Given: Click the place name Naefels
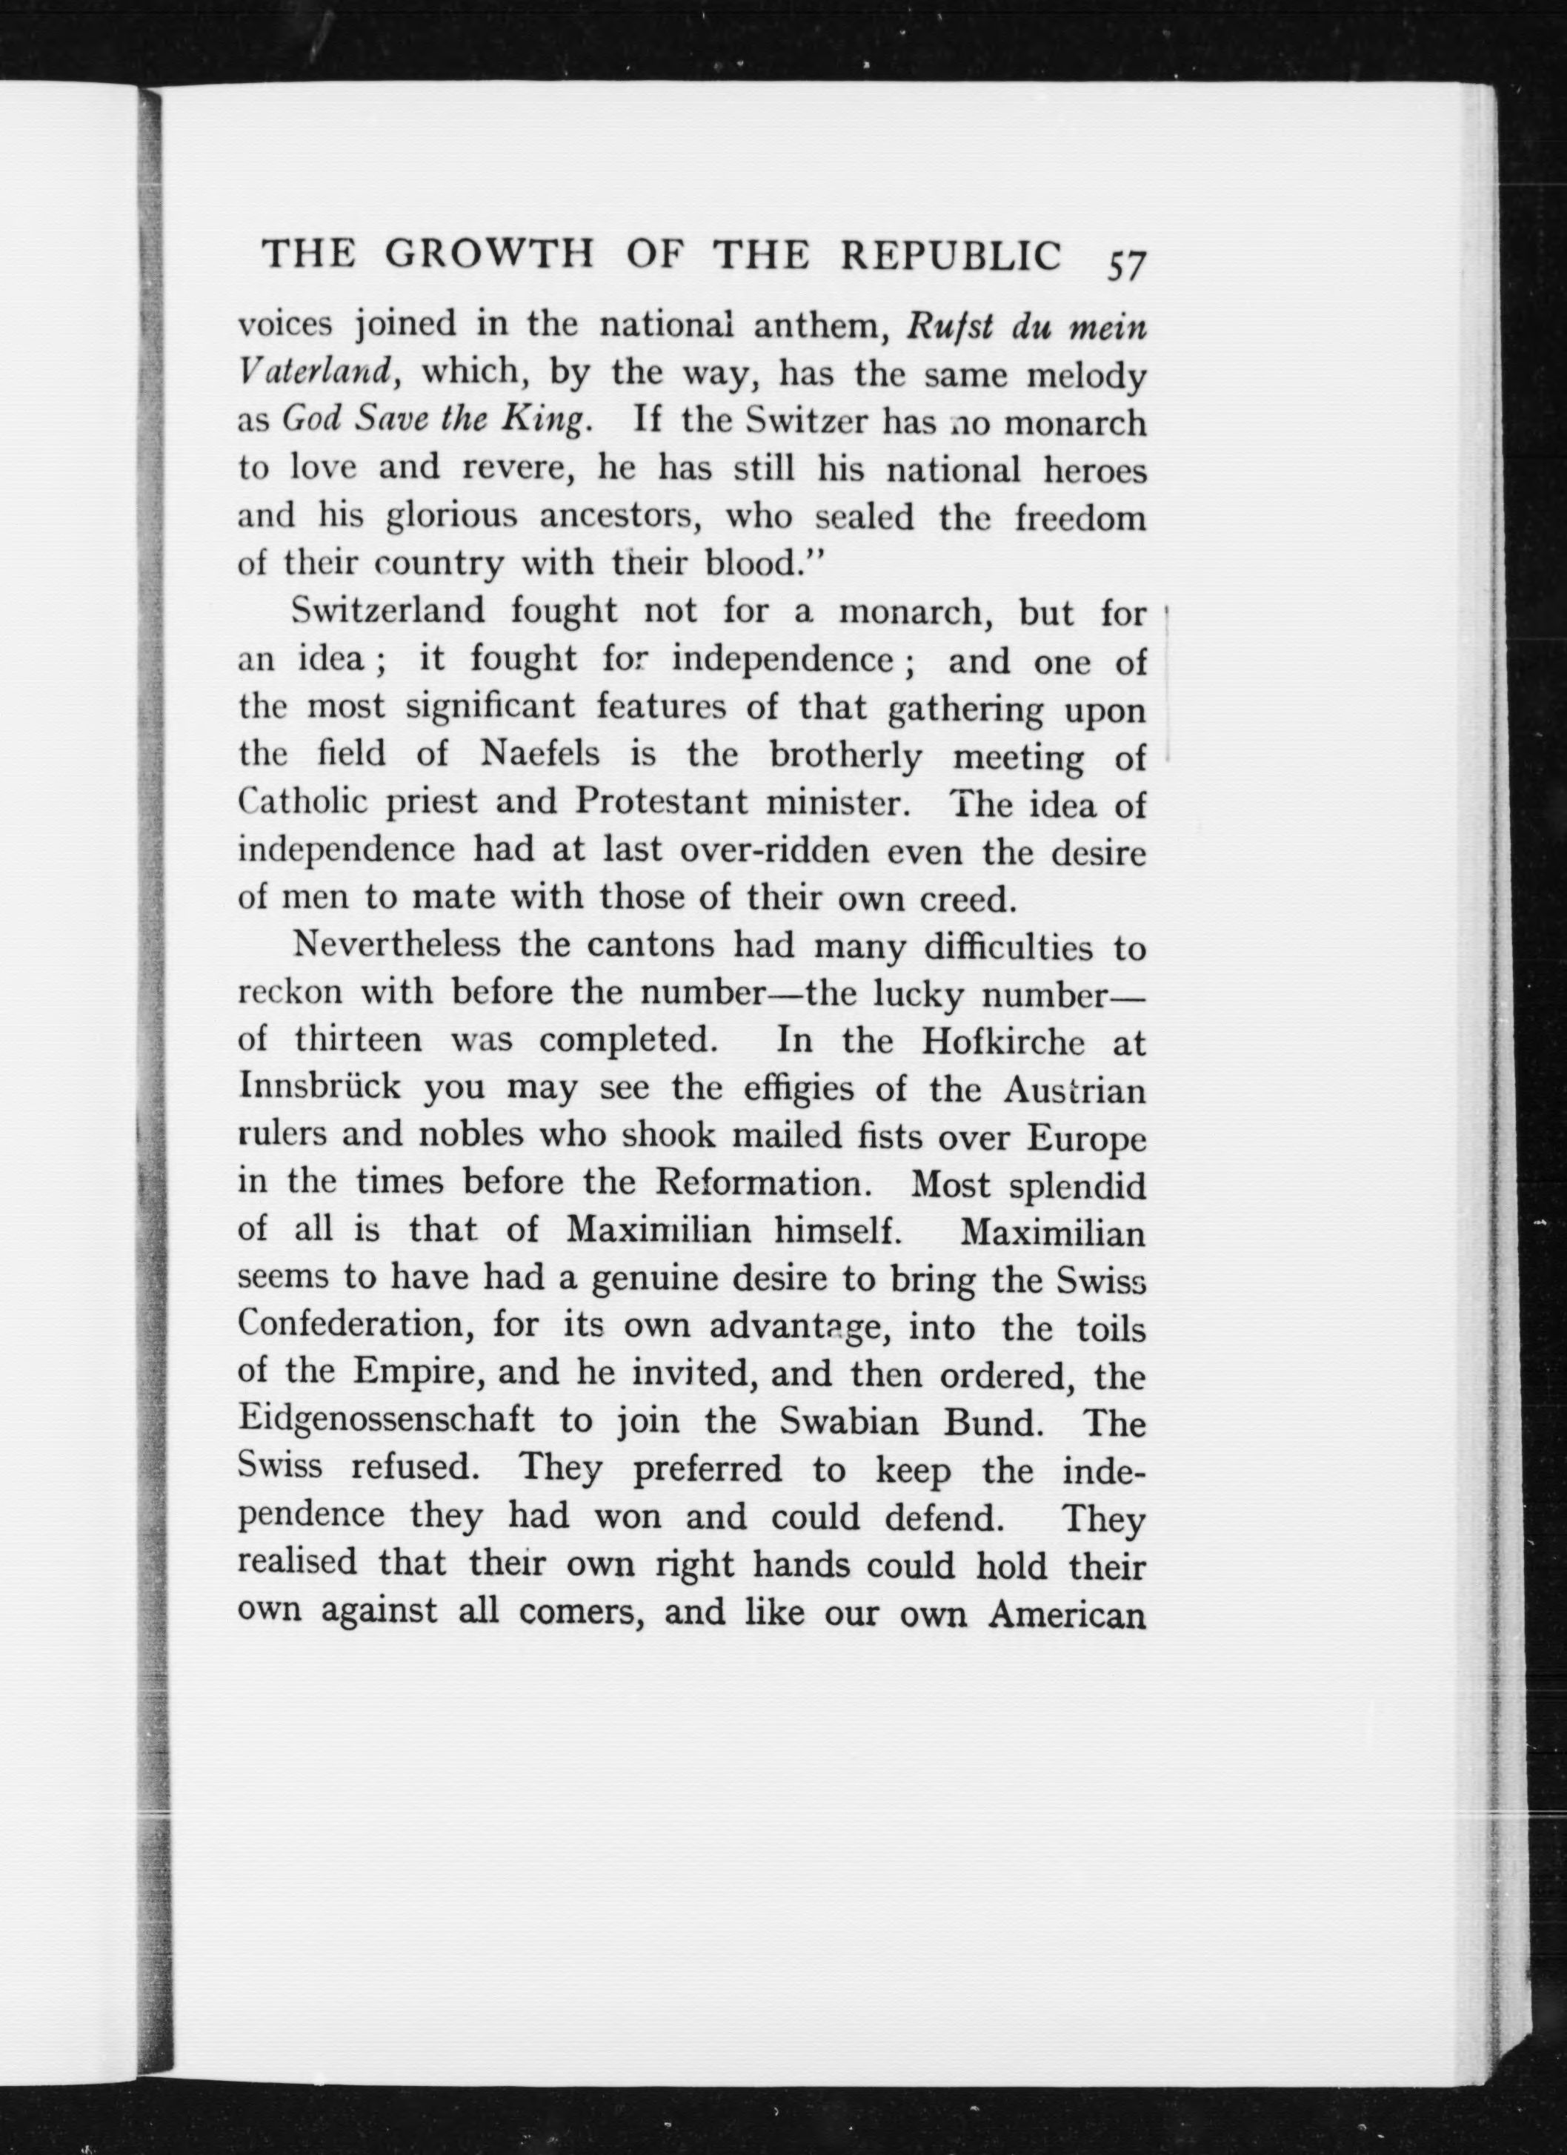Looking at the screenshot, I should (x=542, y=755).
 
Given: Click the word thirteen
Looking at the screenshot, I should (x=359, y=1041).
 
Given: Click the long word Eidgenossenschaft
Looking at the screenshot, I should (x=387, y=1423).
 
